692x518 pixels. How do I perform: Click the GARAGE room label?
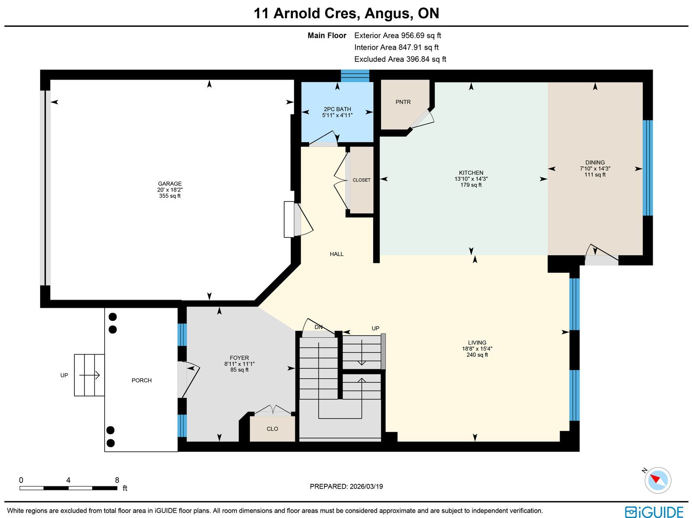click(x=170, y=184)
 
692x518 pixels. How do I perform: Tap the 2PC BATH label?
click(x=337, y=109)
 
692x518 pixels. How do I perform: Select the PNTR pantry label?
click(x=403, y=102)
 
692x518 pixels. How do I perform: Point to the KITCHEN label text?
click(x=471, y=173)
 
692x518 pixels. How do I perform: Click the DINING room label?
click(x=595, y=163)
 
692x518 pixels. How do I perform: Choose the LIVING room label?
click(x=477, y=342)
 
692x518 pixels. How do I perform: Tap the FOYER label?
click(x=239, y=358)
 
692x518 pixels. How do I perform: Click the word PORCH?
click(x=141, y=381)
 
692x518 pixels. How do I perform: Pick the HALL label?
click(x=336, y=254)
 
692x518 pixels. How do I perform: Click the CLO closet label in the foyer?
click(x=272, y=429)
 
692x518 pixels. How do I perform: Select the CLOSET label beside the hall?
click(x=361, y=180)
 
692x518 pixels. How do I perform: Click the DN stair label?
click(x=318, y=327)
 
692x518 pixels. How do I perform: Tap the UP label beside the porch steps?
click(x=64, y=375)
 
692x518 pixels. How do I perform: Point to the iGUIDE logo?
click(x=654, y=512)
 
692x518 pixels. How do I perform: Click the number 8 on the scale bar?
click(x=117, y=480)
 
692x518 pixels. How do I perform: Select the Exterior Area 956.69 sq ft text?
click(x=397, y=35)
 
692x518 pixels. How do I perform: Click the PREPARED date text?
click(x=346, y=486)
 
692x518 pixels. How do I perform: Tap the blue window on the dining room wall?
click(x=647, y=168)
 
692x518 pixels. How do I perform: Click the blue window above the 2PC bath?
click(x=355, y=76)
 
